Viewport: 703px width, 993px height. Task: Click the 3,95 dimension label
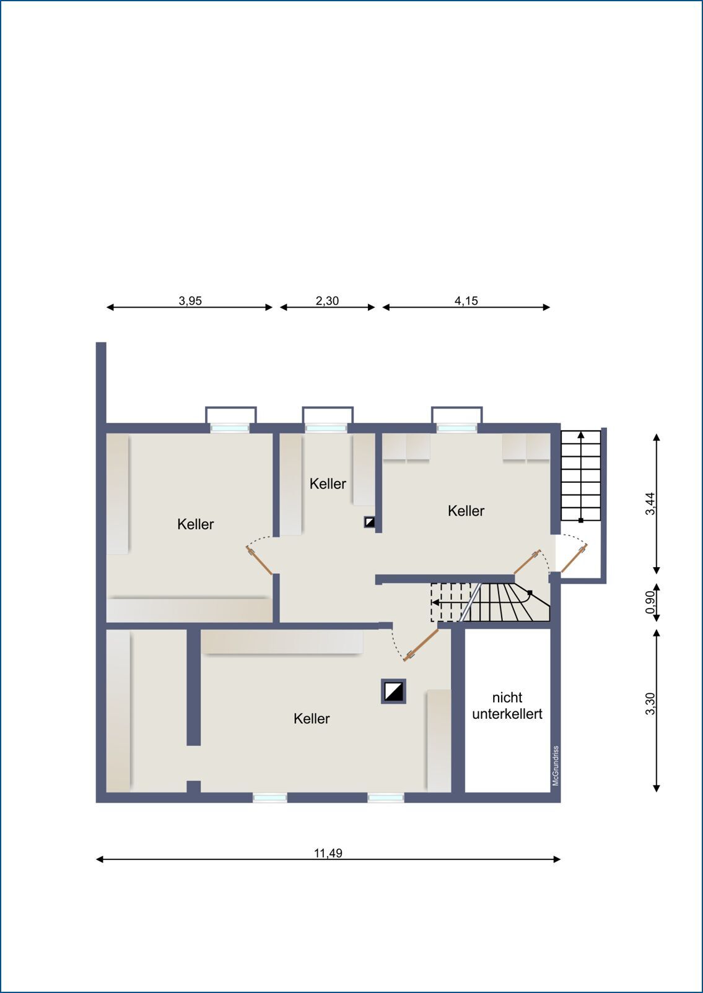pos(190,301)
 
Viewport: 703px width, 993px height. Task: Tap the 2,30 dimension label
pos(327,301)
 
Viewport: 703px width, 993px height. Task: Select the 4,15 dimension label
pos(466,301)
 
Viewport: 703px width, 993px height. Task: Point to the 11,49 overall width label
pos(328,853)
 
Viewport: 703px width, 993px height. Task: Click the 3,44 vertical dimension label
pos(650,503)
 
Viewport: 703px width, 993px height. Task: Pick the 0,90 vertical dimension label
pos(650,602)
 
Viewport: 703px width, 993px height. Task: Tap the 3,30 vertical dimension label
pos(650,704)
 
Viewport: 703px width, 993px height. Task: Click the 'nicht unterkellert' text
pos(507,706)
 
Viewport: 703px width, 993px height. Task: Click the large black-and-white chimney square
pos(393,692)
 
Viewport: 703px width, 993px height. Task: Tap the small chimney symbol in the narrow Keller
pos(370,523)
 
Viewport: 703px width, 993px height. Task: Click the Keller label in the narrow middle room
pos(328,483)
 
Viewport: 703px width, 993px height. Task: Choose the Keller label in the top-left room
pos(196,524)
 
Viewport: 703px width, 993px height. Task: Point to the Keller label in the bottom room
pos(312,719)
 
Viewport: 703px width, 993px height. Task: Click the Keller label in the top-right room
pos(466,511)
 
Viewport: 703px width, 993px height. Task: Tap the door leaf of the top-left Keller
pos(260,561)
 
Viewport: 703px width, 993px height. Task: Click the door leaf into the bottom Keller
pos(421,645)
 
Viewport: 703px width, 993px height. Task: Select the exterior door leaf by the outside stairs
pos(574,558)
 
